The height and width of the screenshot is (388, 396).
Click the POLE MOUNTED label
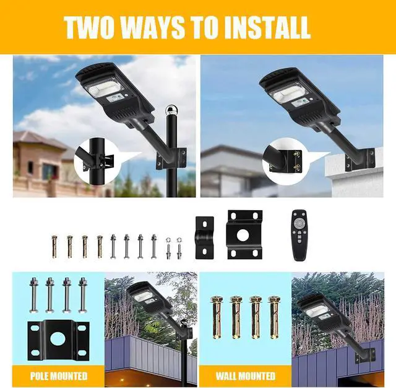(x=58, y=376)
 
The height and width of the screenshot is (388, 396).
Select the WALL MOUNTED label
(x=245, y=376)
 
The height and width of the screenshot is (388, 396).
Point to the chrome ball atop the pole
(x=170, y=112)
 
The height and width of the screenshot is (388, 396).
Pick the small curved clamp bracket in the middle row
(x=205, y=237)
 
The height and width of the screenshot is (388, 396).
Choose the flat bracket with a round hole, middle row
(x=244, y=234)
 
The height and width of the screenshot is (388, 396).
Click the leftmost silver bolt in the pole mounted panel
(x=34, y=294)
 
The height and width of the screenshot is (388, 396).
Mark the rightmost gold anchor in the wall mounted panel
(x=273, y=316)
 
